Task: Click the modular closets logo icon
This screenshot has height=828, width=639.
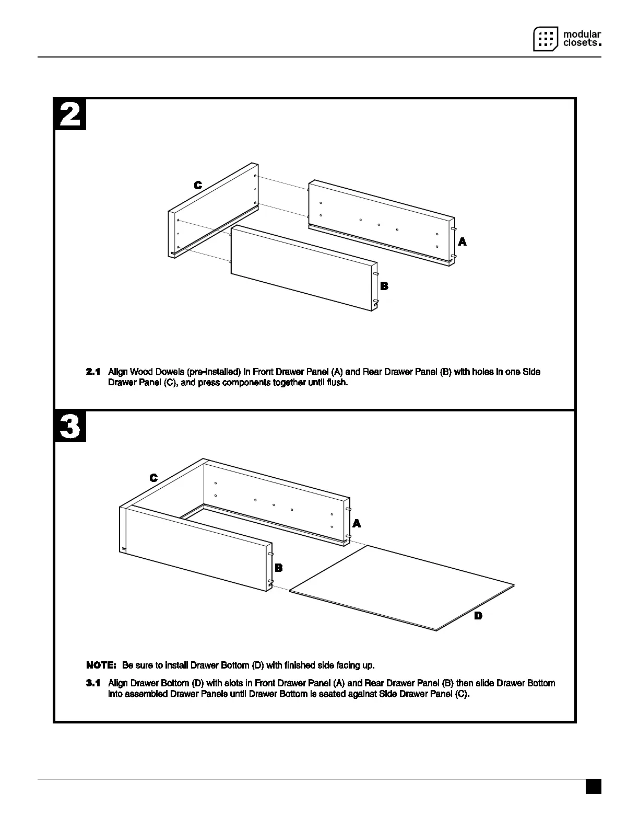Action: [546, 39]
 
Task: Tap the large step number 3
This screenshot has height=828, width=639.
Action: [70, 427]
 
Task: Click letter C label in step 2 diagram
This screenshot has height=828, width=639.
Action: [198, 185]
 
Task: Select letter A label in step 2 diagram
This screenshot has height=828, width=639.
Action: [462, 242]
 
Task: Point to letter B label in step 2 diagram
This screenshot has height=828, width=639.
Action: [384, 286]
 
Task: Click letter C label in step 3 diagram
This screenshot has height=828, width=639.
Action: [153, 478]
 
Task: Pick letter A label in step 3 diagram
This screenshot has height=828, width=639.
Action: [357, 523]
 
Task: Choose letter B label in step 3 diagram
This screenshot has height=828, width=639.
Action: [279, 568]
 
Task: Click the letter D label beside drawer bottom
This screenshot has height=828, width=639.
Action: [478, 616]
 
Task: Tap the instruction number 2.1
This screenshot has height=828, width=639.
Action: [93, 372]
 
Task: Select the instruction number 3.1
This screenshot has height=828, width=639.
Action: [93, 683]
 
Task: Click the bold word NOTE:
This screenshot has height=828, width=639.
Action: [101, 665]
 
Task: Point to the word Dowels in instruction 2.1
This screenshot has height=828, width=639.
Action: [171, 372]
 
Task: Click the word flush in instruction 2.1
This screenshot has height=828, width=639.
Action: [337, 383]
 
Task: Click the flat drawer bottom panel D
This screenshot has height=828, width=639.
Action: [402, 588]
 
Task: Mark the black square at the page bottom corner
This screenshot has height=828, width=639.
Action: [593, 787]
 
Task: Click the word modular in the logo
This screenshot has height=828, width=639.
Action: [582, 33]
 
